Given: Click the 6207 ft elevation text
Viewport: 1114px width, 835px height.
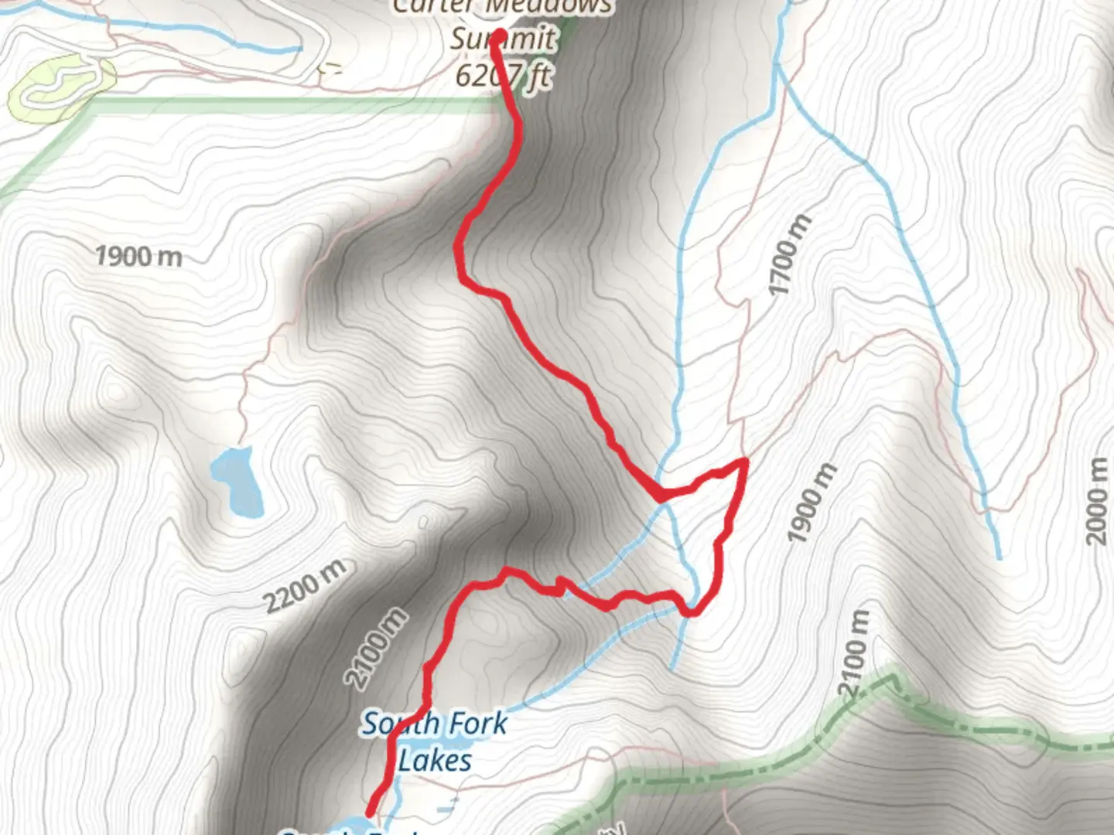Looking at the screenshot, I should [x=503, y=76].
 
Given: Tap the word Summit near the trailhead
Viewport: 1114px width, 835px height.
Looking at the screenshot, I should [x=503, y=39].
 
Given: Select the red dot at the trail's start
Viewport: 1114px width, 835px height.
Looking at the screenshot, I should [x=499, y=36].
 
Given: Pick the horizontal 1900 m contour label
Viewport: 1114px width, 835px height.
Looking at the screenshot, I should [x=138, y=256].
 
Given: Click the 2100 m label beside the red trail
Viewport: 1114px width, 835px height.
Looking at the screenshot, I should [x=376, y=648].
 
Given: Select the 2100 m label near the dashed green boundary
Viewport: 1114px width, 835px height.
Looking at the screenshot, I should [x=854, y=653].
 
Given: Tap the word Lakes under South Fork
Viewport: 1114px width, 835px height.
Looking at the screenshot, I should [x=435, y=761].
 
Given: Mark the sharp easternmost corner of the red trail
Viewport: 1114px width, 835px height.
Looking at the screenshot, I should [x=746, y=461].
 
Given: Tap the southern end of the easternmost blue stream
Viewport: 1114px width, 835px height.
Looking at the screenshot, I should [x=999, y=557].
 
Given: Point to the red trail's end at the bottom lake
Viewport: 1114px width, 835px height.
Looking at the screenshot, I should [x=369, y=813].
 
